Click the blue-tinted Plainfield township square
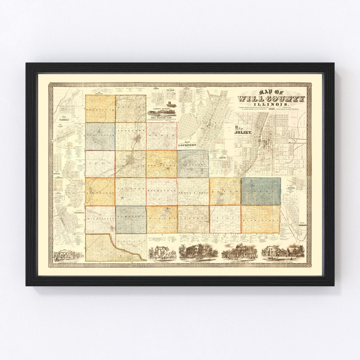point(100,136)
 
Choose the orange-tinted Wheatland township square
point(100,109)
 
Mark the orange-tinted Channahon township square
point(100,191)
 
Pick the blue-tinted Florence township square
point(131,219)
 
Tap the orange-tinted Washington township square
point(260,219)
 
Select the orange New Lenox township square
point(161,164)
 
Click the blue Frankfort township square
point(193,163)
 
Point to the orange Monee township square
point(225,191)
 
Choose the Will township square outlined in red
point(225,219)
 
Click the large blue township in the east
point(261,191)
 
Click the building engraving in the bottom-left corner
point(68,255)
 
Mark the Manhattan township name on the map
point(161,192)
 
